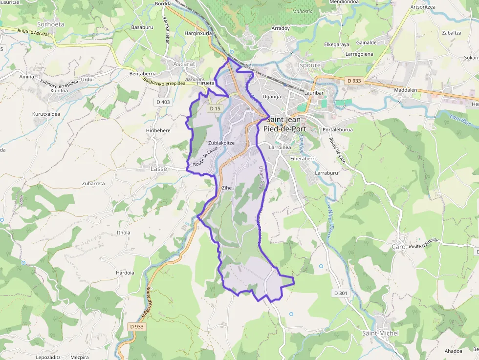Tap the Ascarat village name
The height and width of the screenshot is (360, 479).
[x=184, y=64]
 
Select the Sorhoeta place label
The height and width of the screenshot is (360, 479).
[x=51, y=24]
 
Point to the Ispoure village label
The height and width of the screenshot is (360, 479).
[x=308, y=65]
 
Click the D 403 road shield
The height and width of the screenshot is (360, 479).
[x=163, y=102]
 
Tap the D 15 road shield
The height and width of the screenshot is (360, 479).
[x=214, y=108]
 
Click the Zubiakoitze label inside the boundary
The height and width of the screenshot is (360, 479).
[x=222, y=143]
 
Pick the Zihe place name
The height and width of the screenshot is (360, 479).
[x=227, y=188]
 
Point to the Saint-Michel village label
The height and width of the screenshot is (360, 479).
[x=380, y=333]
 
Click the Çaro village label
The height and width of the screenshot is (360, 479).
[x=399, y=247]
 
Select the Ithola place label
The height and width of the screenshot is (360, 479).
[x=124, y=233]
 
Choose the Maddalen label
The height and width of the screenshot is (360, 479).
[x=406, y=90]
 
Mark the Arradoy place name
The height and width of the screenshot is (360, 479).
[x=281, y=28]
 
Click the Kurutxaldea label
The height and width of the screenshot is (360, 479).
[x=46, y=114]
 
